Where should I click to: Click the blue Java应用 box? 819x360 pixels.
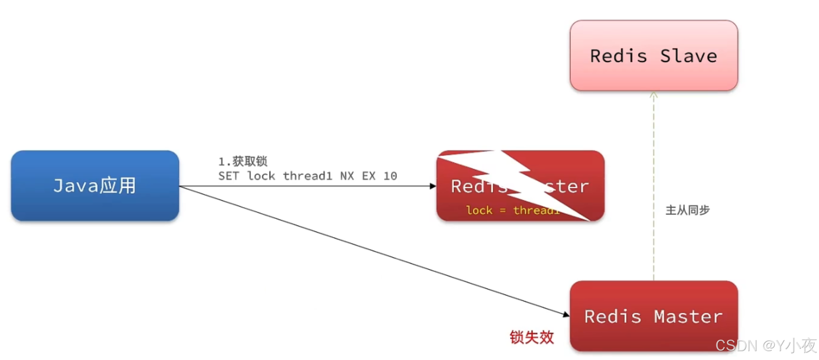click(x=95, y=185)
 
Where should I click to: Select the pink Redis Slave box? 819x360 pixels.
click(x=654, y=56)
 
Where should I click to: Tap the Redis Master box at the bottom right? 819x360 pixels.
click(x=654, y=316)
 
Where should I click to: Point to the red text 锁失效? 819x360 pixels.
click(x=531, y=337)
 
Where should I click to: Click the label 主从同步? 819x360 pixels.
click(x=687, y=210)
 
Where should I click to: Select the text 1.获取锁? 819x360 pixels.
click(x=243, y=161)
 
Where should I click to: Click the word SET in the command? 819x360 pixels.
click(x=228, y=176)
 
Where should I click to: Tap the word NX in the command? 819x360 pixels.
click(x=347, y=176)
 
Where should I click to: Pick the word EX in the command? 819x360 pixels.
click(x=369, y=176)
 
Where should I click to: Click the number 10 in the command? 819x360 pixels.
click(x=390, y=176)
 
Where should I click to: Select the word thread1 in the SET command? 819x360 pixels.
click(x=308, y=176)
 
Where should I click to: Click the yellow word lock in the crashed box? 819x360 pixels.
click(x=479, y=211)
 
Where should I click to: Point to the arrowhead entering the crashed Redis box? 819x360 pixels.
click(x=433, y=186)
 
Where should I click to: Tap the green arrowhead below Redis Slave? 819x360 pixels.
click(x=654, y=95)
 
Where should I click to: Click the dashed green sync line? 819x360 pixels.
click(x=654, y=186)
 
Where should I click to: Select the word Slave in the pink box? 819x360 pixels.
click(x=688, y=56)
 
